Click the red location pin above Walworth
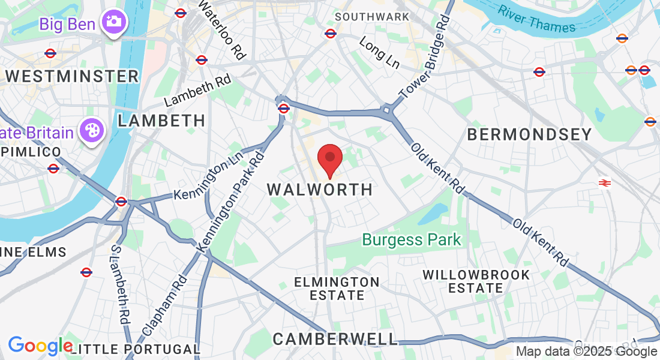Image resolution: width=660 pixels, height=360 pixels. pos(329,158)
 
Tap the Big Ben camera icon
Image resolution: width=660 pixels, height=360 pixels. pos(112,22)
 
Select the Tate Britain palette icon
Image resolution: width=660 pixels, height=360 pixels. pos(92,133)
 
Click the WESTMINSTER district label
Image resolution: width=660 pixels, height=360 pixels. pos(72,77)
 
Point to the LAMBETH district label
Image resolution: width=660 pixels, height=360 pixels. pos(161,121)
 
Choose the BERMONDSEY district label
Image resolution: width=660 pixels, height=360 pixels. pos(530,134)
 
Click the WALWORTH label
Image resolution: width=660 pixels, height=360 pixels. pos(320,190)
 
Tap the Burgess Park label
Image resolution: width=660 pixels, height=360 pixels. pos(412,240)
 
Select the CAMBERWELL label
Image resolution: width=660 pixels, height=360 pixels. pos(335,339)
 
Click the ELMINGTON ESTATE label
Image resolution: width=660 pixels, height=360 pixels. pos(337,288)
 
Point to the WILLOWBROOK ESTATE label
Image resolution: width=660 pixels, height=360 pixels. pos(476,281)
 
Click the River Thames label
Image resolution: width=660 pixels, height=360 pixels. pos(536,20)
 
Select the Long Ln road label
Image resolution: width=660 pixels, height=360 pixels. pos(379,52)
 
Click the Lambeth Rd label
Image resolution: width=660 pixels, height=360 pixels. pos(197,92)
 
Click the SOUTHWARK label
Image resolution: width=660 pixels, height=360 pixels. pos(372,17)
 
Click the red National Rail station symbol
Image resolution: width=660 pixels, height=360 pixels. pos(605,182)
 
